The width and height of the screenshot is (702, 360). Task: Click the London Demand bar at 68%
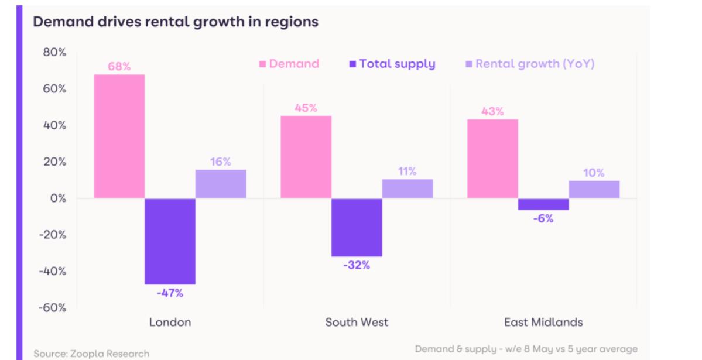(119, 136)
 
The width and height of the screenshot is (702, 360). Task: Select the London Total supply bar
(170, 241)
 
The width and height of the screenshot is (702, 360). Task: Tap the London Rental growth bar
(221, 184)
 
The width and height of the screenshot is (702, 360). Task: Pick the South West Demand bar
(306, 157)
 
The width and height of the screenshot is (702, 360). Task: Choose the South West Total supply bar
(357, 227)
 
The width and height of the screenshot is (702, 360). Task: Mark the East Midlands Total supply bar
(543, 204)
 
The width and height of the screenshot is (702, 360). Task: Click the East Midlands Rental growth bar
(594, 189)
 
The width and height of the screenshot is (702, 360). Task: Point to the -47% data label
(170, 293)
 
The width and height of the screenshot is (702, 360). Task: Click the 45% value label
(306, 108)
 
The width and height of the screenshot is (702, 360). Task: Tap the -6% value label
(543, 218)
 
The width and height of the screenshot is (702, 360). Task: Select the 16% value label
(221, 162)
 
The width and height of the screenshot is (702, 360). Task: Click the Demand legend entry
(289, 64)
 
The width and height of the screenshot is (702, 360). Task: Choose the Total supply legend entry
(392, 64)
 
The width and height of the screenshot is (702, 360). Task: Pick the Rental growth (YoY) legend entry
(529, 64)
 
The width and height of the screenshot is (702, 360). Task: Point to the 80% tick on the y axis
(54, 53)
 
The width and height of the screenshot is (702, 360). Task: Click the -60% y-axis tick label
(52, 307)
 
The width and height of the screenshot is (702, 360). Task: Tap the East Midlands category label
(543, 322)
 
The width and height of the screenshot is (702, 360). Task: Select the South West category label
(357, 322)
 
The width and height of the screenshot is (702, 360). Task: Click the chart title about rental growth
(175, 22)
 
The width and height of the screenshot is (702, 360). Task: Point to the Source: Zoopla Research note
(91, 354)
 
